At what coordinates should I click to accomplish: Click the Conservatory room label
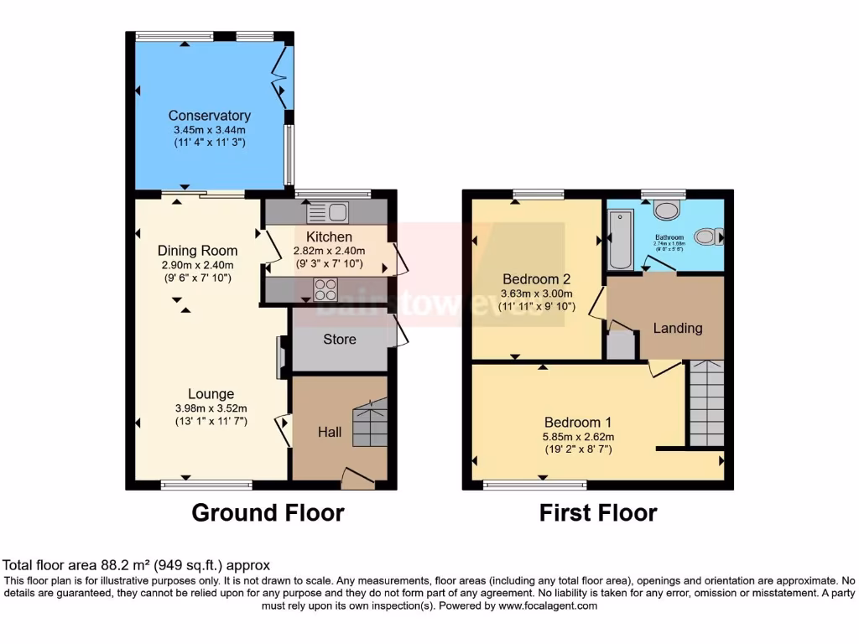(x=209, y=116)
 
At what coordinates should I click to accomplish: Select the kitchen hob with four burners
(x=325, y=289)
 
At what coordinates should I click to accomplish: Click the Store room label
(x=340, y=340)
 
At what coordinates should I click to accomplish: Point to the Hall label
(x=330, y=433)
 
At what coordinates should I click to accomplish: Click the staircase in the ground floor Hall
(x=369, y=423)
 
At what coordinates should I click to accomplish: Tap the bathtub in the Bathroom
(x=621, y=240)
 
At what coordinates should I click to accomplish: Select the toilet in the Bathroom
(x=708, y=236)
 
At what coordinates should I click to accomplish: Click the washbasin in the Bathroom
(x=669, y=210)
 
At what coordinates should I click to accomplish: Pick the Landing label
(x=678, y=328)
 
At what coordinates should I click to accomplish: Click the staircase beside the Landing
(x=706, y=403)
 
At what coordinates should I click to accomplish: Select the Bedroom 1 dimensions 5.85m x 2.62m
(x=579, y=436)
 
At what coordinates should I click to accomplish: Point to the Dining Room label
(x=197, y=251)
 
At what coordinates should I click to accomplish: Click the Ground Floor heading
(x=268, y=512)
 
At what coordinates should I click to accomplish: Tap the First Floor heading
(x=598, y=512)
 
